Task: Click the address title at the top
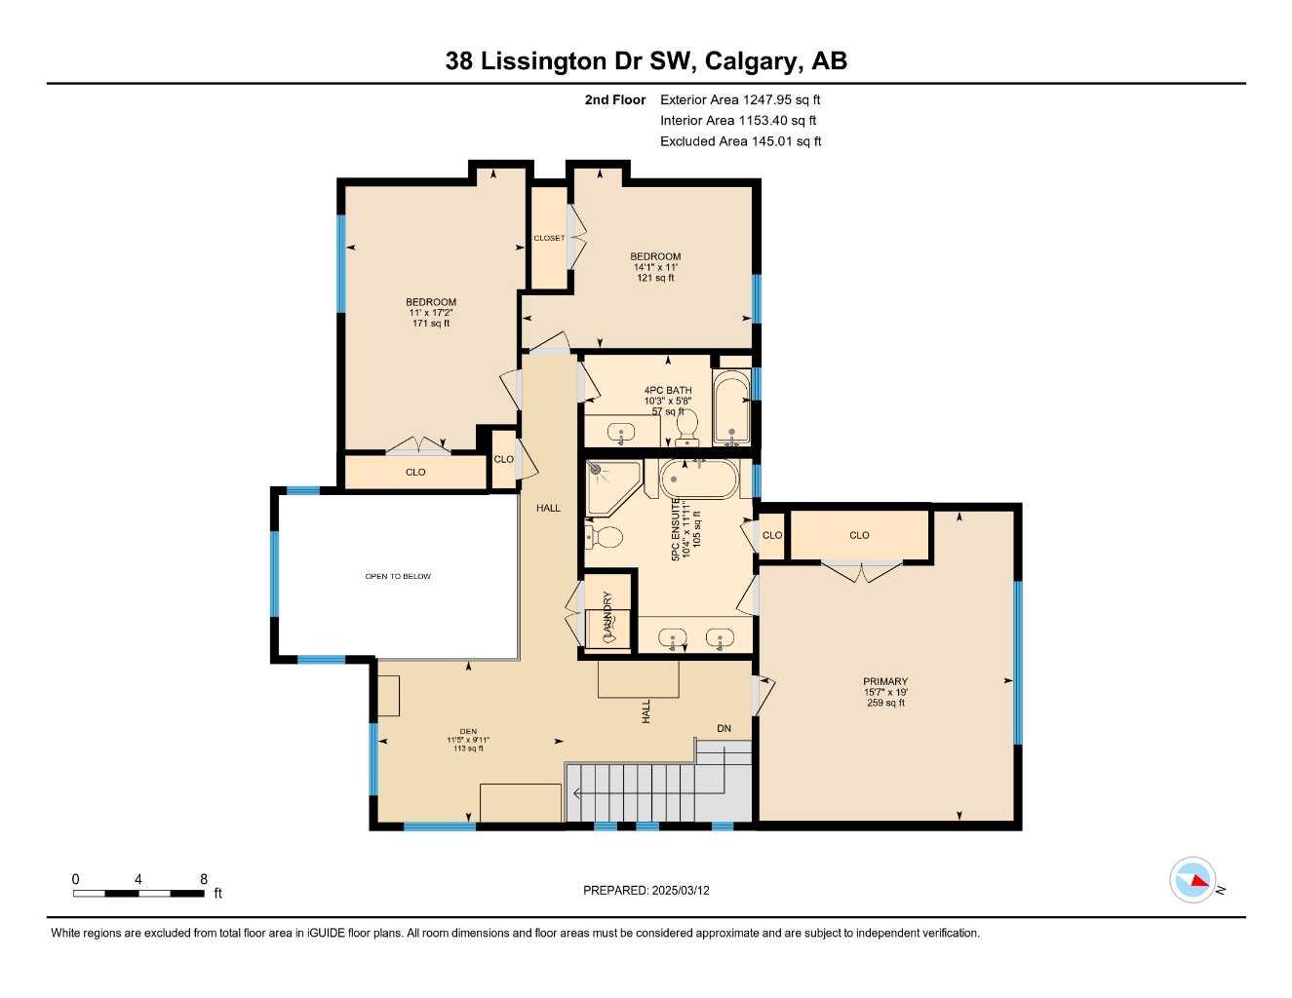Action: [x=646, y=60]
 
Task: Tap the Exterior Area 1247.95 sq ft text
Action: [x=740, y=99]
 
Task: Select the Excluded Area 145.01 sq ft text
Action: [x=740, y=141]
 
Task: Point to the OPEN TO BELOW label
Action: [x=398, y=576]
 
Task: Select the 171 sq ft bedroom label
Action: [x=431, y=312]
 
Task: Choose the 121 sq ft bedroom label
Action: [x=655, y=267]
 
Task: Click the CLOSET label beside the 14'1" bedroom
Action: [x=549, y=238]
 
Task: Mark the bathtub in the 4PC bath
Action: [x=731, y=408]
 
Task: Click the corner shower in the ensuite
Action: [x=610, y=486]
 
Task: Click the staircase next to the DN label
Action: [x=644, y=791]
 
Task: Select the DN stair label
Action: [x=724, y=728]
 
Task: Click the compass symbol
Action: [x=1193, y=880]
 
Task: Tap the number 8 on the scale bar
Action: [x=204, y=879]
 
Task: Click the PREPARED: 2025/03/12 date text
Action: [x=646, y=890]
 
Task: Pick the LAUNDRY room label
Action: [x=607, y=614]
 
